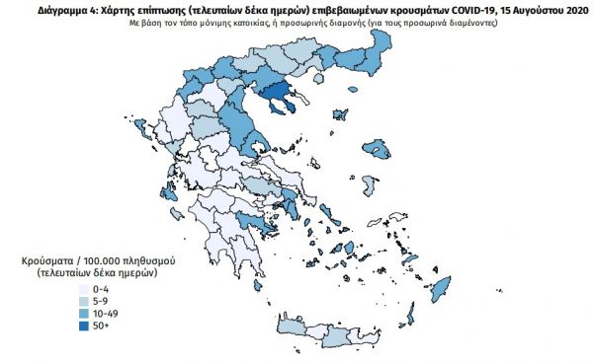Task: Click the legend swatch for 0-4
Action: coord(83,290)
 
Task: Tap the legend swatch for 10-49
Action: coord(83,313)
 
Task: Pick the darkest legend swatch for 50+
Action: coord(83,325)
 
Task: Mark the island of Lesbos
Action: coord(377,148)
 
